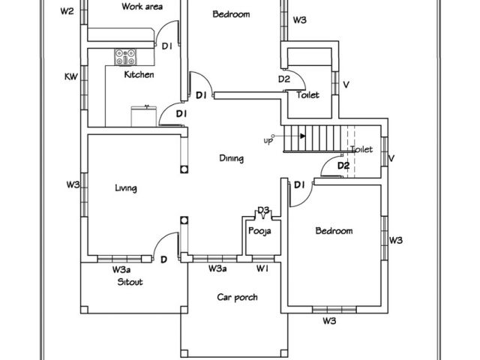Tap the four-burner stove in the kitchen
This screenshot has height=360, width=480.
[x=125, y=55]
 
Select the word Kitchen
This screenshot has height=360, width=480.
[x=139, y=75]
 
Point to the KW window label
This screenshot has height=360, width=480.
[x=71, y=76]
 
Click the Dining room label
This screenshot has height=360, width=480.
[x=231, y=158]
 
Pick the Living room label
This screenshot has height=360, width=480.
[x=125, y=188]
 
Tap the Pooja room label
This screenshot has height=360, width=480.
[x=259, y=231]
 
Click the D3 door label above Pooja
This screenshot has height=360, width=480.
[x=263, y=210]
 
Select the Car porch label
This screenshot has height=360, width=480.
[x=237, y=298]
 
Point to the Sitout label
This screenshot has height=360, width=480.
[x=130, y=283]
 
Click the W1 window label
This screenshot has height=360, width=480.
[x=262, y=268]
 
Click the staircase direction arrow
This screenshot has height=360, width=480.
[x=302, y=136]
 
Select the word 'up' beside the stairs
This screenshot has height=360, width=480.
[x=268, y=140]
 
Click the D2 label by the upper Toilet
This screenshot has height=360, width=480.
[x=284, y=79]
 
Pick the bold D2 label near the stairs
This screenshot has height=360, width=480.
[x=343, y=166]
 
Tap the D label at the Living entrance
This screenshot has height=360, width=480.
[x=163, y=260]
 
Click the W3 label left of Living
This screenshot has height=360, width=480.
[x=72, y=184]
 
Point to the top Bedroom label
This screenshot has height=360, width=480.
[x=231, y=14]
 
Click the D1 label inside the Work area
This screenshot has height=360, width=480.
[x=168, y=46]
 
